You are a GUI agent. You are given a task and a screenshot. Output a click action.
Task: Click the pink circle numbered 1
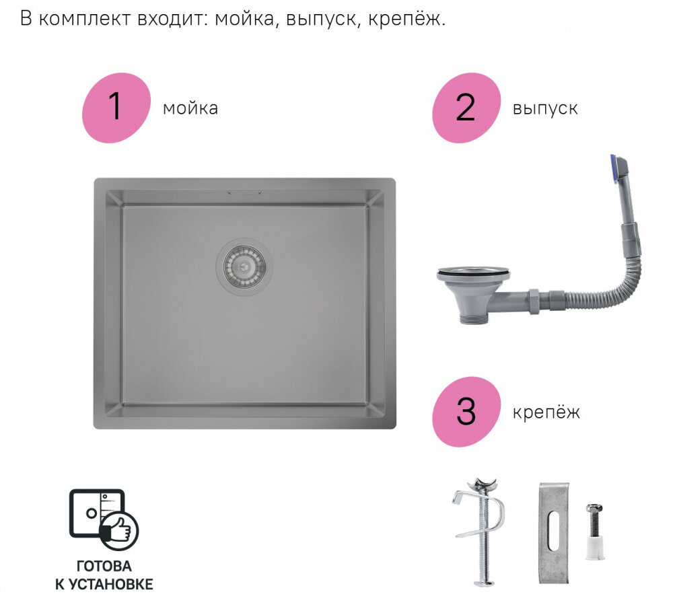pyautogui.click(x=115, y=108)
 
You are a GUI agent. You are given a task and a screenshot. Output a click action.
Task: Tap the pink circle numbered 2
pyautogui.click(x=466, y=108)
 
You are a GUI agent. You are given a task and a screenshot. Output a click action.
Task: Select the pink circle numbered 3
pyautogui.click(x=466, y=412)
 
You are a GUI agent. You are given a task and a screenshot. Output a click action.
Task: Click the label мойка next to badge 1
pyautogui.click(x=190, y=108)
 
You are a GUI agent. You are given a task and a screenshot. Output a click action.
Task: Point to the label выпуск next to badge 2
pyautogui.click(x=544, y=108)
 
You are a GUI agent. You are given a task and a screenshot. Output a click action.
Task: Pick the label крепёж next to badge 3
pyautogui.click(x=546, y=412)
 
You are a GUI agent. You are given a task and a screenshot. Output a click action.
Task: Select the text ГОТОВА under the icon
pyautogui.click(x=104, y=567)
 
